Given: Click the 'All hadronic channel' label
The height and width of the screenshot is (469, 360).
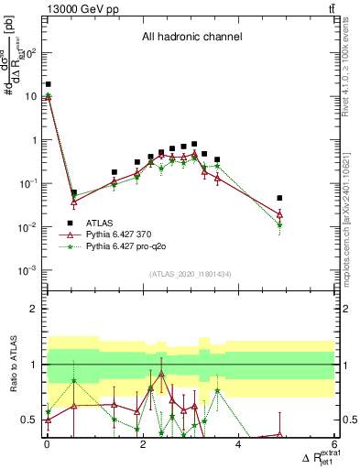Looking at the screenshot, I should pyautogui.click(x=191, y=38).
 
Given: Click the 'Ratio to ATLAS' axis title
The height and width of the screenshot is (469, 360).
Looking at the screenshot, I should pyautogui.click(x=13, y=365).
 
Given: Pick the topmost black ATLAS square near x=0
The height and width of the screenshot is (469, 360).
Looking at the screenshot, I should pyautogui.click(x=48, y=84).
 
